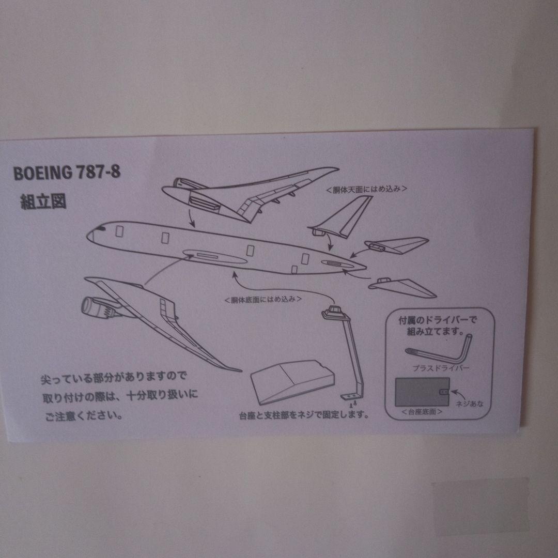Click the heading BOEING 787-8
click(67, 173)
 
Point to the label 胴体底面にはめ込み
click(263, 299)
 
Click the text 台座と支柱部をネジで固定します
click(303, 415)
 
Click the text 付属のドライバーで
click(438, 320)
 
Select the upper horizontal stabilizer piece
click(398, 245)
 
